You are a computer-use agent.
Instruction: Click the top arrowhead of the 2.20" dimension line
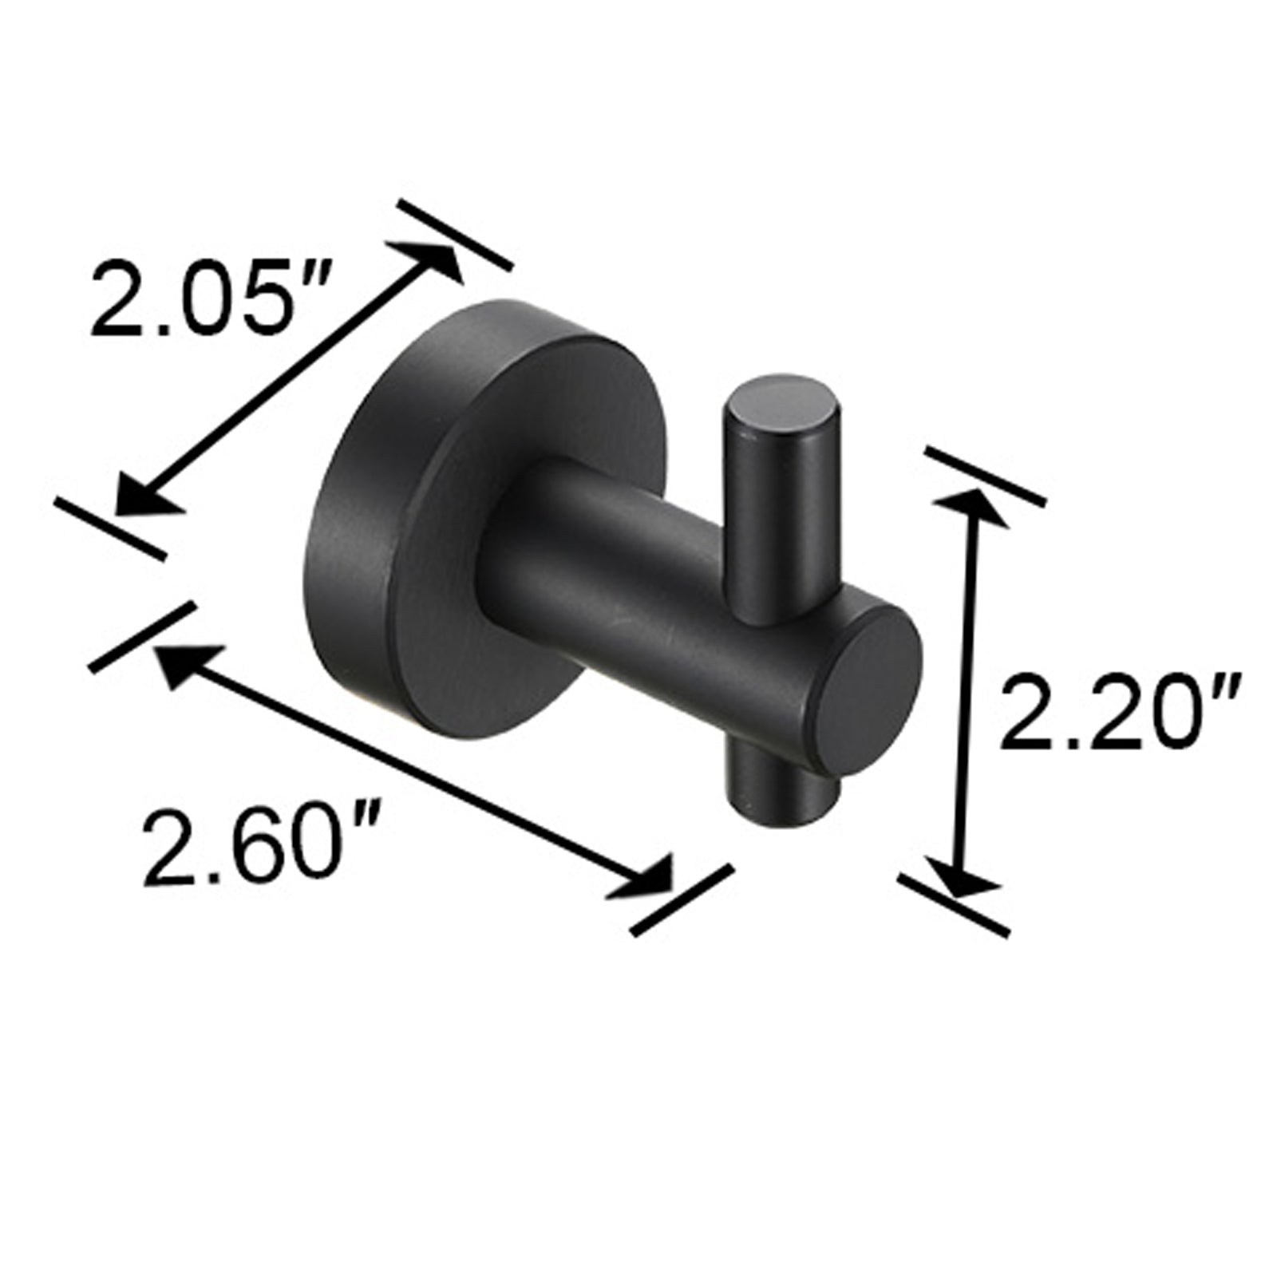(970, 507)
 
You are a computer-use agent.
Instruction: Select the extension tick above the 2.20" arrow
(984, 476)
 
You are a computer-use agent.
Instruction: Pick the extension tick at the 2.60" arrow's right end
(681, 898)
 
